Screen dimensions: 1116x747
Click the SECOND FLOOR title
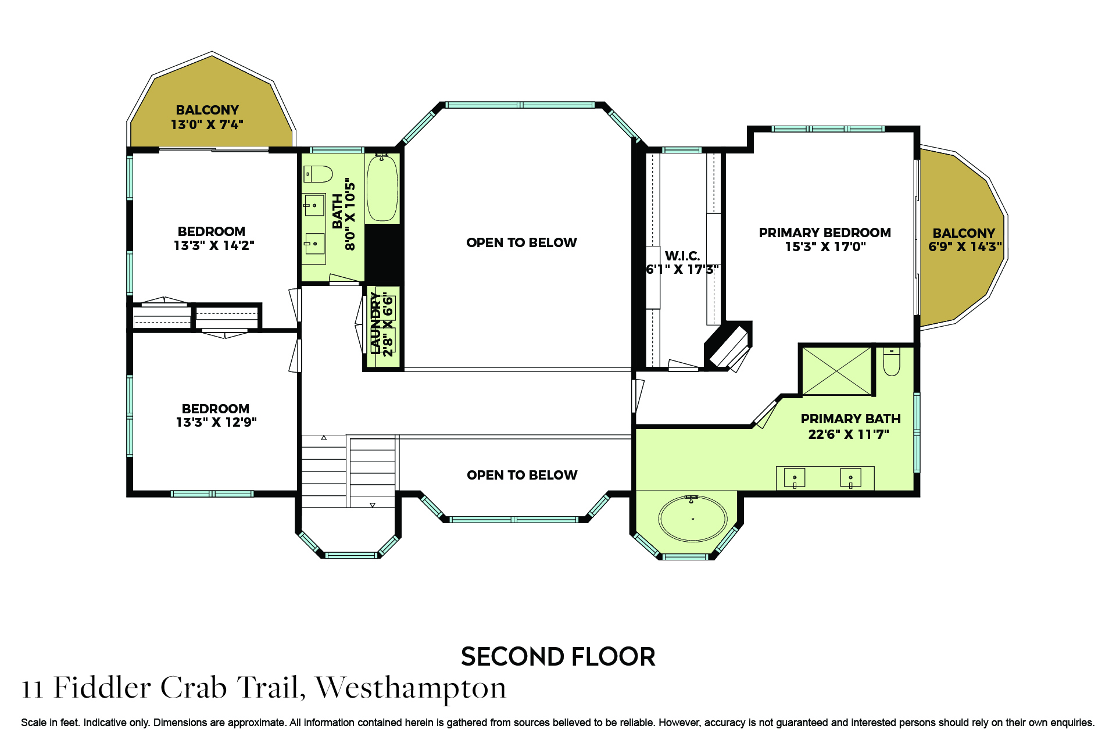pos(558,657)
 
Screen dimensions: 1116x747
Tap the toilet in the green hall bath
pos(317,174)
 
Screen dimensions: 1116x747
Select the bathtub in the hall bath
pos(382,188)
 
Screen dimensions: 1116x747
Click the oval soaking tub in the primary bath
pos(692,519)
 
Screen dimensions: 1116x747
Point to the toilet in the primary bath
pos(891,362)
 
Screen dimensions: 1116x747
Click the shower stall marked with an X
pos(836,371)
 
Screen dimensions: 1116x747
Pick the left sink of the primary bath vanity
pos(795,478)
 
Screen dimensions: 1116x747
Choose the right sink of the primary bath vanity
pos(850,478)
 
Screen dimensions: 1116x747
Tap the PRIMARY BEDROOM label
pos(825,233)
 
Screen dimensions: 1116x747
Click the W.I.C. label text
pos(682,256)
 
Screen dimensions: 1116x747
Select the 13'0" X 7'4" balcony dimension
pos(207,124)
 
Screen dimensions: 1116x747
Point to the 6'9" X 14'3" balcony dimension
pos(965,246)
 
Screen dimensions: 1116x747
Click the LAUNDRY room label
pos(375,323)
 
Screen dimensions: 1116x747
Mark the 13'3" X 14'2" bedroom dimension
pos(214,245)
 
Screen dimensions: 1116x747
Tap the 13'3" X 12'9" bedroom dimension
pos(216,422)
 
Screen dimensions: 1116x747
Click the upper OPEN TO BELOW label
pos(521,242)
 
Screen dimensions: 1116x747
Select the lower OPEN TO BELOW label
pos(522,475)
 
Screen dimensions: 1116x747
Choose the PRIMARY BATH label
pos(850,419)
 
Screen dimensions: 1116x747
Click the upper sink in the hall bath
pos(314,205)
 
